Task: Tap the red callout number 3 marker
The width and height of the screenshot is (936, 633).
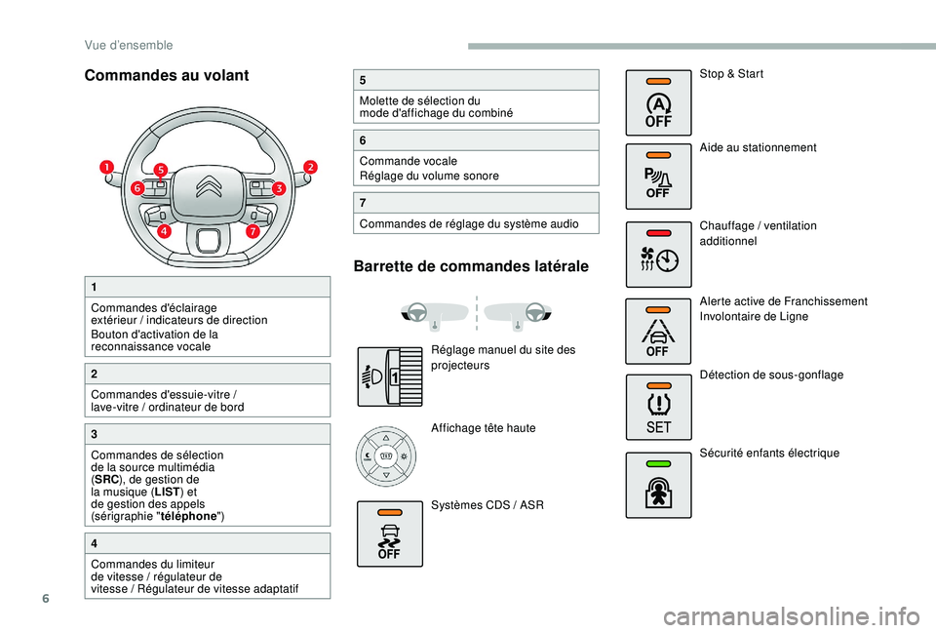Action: click(279, 187)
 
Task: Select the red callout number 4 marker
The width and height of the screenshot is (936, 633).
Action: click(164, 231)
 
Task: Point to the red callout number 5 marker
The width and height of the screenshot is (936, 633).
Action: click(160, 170)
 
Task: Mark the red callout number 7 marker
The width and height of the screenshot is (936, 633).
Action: click(253, 231)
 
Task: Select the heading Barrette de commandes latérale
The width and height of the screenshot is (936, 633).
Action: click(472, 266)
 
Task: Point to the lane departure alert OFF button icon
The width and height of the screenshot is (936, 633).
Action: click(658, 331)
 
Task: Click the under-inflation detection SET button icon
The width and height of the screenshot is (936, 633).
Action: click(658, 405)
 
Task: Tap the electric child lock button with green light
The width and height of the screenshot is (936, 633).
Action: click(658, 484)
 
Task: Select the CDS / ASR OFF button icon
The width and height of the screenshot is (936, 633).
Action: click(389, 534)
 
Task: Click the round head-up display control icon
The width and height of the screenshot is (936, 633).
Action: click(386, 456)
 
